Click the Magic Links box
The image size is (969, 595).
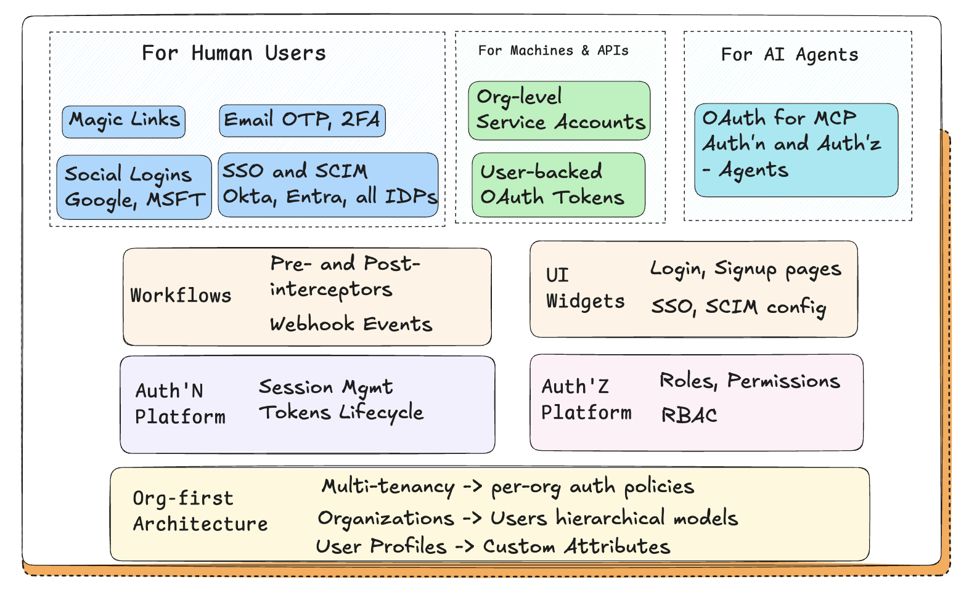tap(123, 121)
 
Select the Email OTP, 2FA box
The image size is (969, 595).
tap(302, 121)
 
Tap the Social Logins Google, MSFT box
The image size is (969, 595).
tap(134, 187)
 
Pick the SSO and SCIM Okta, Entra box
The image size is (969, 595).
tap(328, 185)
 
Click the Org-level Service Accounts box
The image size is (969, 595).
tap(559, 110)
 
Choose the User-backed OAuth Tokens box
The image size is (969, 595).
tap(558, 185)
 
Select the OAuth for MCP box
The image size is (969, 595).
tap(796, 150)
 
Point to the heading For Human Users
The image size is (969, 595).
tap(234, 53)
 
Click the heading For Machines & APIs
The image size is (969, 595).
tap(553, 51)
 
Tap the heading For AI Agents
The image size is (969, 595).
tap(789, 55)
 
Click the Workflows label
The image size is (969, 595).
tap(181, 296)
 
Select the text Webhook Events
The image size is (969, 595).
tap(351, 324)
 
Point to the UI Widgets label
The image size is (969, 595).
tap(584, 288)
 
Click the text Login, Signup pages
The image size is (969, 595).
tap(745, 269)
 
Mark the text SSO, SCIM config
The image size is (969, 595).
tap(738, 307)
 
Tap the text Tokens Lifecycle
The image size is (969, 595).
tap(341, 413)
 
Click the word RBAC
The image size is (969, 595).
tap(689, 415)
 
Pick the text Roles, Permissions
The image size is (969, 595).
tap(750, 381)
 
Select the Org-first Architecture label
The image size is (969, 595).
tap(200, 511)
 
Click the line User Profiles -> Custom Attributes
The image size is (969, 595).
tap(493, 546)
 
